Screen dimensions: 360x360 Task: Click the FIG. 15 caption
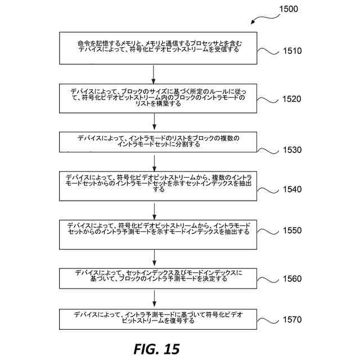point(156,349)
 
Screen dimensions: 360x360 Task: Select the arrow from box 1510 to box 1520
point(154,73)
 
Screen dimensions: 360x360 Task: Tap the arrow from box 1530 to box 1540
point(154,162)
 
